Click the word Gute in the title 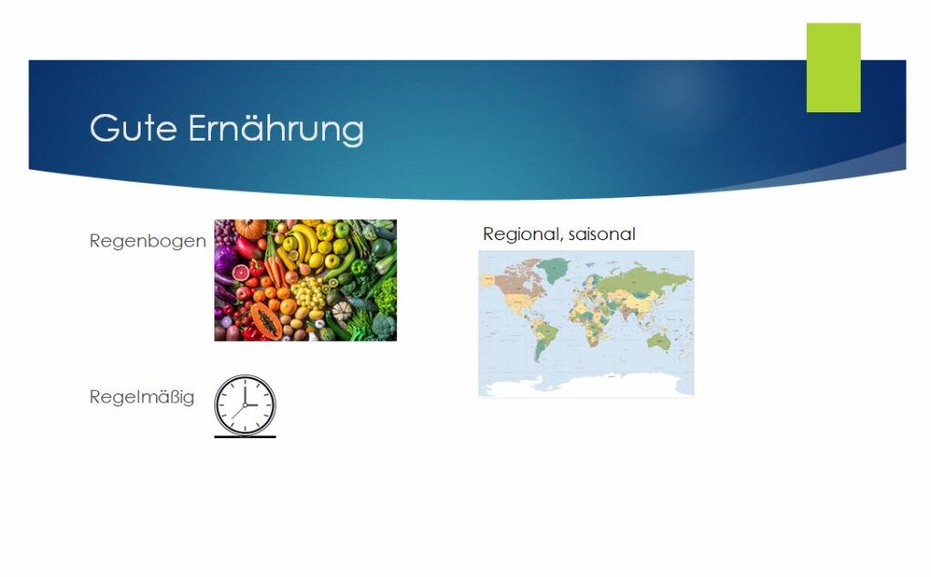133,128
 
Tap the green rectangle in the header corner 833,68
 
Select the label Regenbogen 148,241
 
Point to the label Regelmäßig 141,396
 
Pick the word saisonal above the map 601,234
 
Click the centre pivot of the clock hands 246,404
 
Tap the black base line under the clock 246,436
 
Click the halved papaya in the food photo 266,321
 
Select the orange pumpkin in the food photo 250,228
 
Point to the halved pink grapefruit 240,272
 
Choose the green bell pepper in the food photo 359,268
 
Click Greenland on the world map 553,270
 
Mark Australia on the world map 659,341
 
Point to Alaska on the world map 490,279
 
